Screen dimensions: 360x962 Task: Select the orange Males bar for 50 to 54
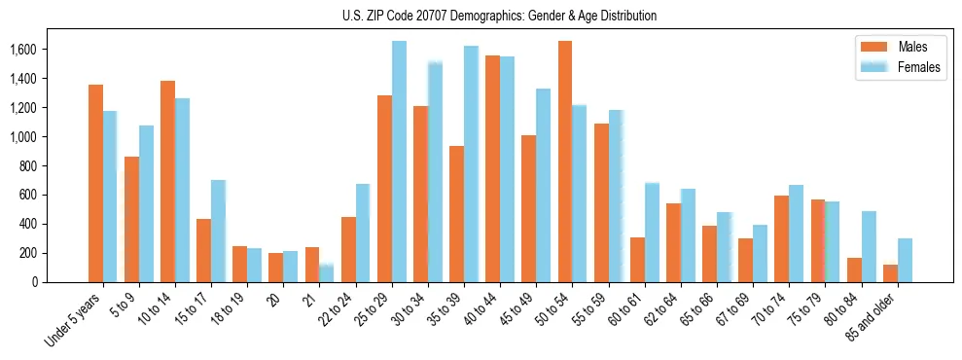point(565,162)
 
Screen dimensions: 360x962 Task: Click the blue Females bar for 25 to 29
point(399,162)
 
